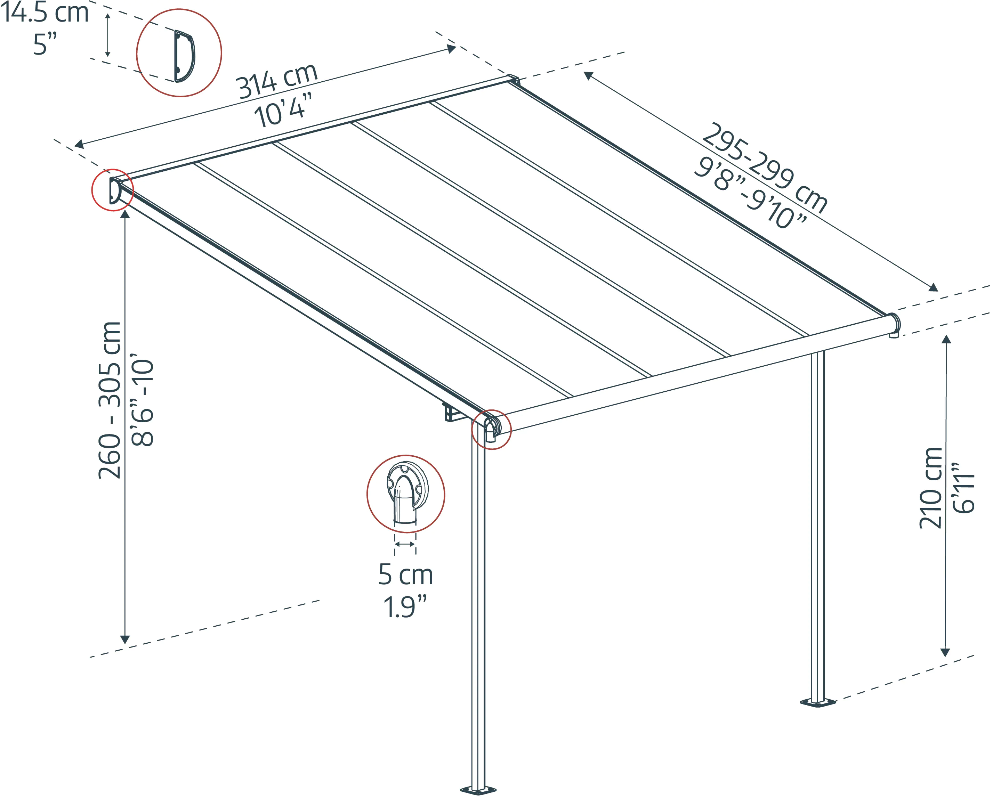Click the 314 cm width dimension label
(x=277, y=82)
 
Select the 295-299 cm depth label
(x=765, y=168)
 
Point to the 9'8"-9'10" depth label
(x=751, y=193)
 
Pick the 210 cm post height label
(x=931, y=488)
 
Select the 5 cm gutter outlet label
(x=406, y=575)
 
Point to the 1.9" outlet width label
(x=405, y=607)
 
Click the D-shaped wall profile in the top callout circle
(x=184, y=56)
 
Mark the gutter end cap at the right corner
(x=894, y=325)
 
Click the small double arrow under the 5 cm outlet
(x=405, y=544)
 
